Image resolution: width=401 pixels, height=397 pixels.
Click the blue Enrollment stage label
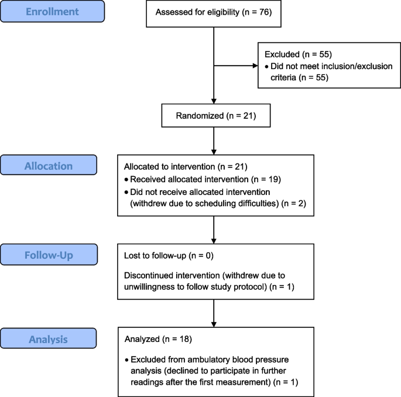53,11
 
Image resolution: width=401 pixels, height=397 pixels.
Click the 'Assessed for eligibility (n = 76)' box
213,12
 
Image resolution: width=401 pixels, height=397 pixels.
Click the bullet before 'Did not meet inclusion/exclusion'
267,66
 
